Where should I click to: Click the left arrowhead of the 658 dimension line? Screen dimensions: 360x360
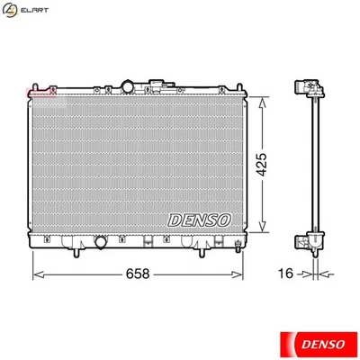click(37, 271)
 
